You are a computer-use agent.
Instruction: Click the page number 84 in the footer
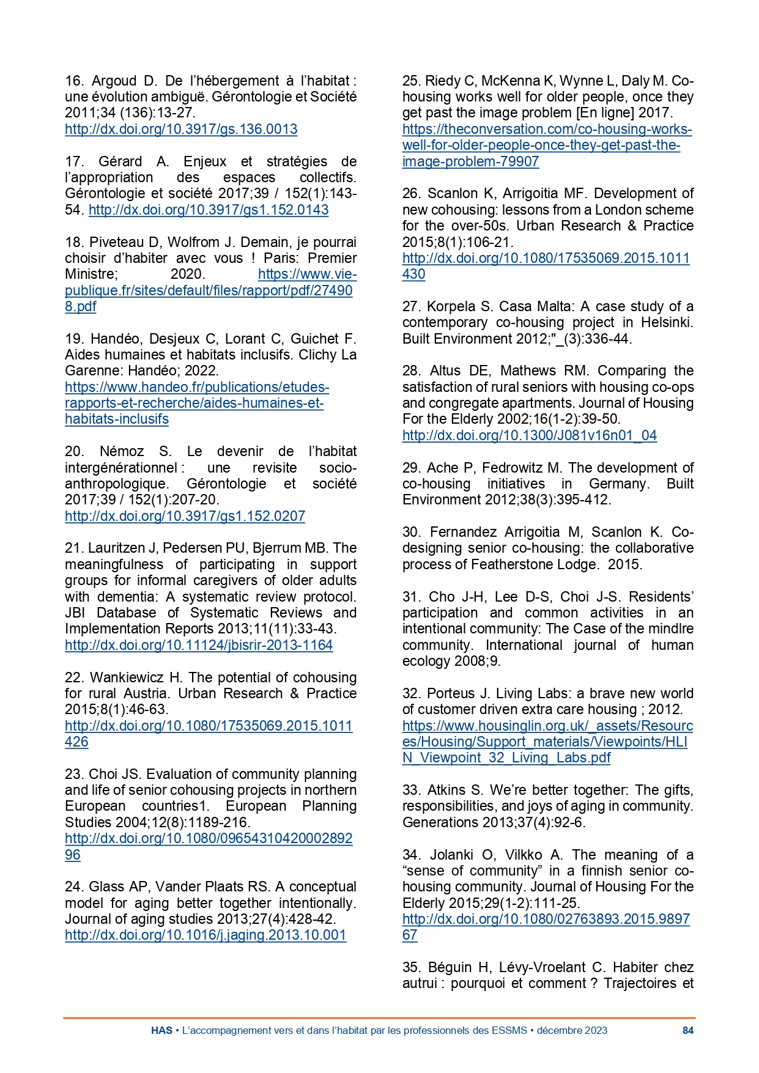687,1030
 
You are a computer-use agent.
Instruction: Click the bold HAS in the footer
161,1030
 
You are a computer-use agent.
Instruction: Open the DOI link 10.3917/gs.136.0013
181,129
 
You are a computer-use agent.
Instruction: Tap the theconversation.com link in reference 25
547,146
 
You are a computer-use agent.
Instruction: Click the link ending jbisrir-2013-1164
199,645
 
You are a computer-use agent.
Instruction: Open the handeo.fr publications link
197,403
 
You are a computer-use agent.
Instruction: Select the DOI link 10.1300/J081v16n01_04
529,435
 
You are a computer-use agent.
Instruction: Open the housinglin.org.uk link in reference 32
547,742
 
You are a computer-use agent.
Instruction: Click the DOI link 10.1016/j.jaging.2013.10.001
205,935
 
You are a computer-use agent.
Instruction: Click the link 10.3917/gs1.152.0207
185,516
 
